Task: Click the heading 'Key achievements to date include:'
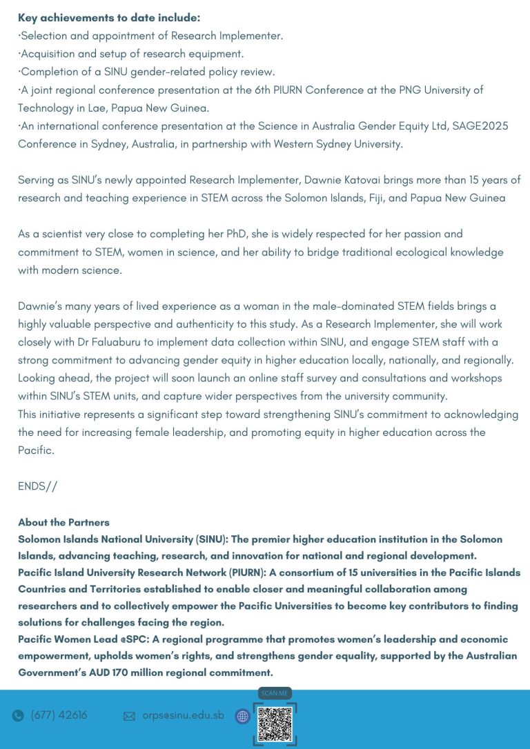(109, 18)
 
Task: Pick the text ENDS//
(38, 486)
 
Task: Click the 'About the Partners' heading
(63, 522)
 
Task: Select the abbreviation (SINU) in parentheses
(197, 539)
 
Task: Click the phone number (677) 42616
(59, 715)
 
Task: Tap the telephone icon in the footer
(18, 716)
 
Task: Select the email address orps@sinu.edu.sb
(183, 715)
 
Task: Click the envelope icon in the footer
(129, 716)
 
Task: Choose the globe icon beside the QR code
(242, 717)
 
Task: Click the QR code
(275, 724)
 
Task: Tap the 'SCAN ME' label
(275, 693)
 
